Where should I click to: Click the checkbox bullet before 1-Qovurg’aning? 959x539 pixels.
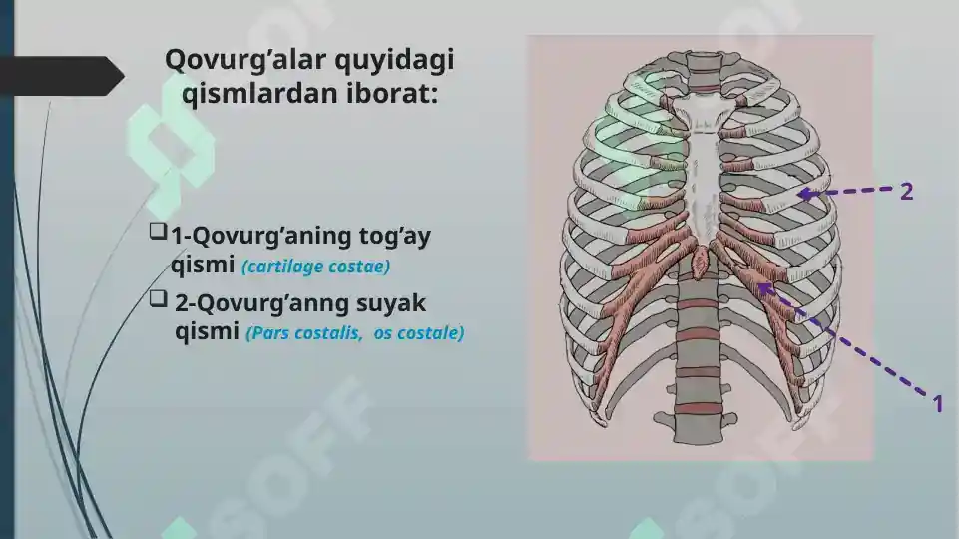click(x=157, y=233)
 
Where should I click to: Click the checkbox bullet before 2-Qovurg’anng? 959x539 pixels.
click(x=157, y=298)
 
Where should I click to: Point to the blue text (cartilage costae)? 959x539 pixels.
click(x=315, y=268)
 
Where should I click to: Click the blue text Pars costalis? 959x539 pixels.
click(x=305, y=333)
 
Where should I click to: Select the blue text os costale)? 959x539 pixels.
click(x=419, y=333)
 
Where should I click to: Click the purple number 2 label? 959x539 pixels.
click(x=906, y=192)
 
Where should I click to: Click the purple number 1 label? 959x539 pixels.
click(x=937, y=404)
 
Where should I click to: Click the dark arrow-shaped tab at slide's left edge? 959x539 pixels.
click(x=60, y=76)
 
